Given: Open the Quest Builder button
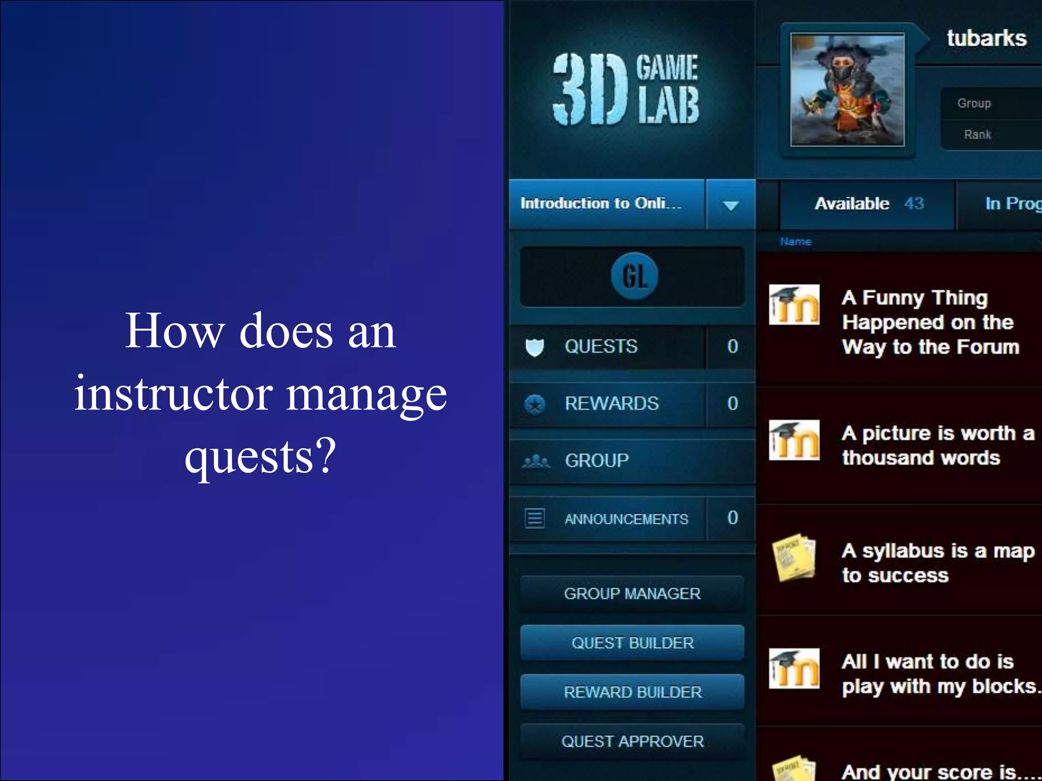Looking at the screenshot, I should point(632,643).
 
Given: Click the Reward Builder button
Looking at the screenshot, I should point(632,692).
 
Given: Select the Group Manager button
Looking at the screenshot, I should point(632,593).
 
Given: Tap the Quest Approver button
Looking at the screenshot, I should point(632,741).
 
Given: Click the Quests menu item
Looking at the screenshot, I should point(601,347).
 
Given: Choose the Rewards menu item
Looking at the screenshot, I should point(611,404).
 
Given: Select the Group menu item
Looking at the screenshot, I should point(597,461).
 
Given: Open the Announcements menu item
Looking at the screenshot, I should point(626,519).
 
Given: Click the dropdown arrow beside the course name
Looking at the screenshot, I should point(731,205).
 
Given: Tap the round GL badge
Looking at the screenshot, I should point(634,276).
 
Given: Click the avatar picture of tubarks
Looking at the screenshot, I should point(847,90).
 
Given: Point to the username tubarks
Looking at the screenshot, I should point(987,39).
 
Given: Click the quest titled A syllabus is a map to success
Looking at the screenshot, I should point(938,562).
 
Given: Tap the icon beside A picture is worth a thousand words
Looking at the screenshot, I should point(794,440).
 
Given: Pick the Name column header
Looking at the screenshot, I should point(796,242).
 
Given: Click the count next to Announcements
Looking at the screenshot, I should point(732,518).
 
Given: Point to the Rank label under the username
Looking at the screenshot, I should point(977,135).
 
